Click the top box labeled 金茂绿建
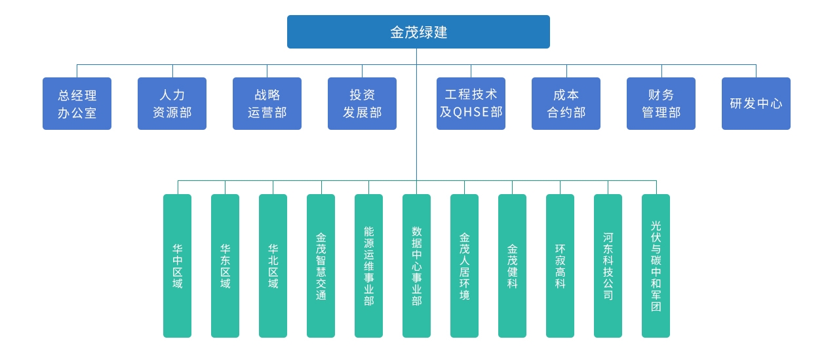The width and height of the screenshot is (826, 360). tap(418, 31)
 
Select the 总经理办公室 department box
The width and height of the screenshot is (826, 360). tap(77, 104)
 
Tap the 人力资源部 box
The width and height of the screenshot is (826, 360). tap(172, 104)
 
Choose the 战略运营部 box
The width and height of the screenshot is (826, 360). tap(267, 104)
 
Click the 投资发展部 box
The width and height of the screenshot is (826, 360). tap(362, 104)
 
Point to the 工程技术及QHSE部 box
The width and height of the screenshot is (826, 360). tap(471, 104)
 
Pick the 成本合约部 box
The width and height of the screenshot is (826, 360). tap(566, 104)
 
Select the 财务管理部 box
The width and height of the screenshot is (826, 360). tap(661, 104)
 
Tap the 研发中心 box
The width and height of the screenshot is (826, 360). tap(757, 104)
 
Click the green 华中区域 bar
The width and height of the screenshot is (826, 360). tap(178, 266)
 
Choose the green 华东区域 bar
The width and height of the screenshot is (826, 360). tap(226, 266)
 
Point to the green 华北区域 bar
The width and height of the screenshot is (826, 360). tap(273, 266)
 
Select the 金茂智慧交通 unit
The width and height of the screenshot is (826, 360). tap(321, 266)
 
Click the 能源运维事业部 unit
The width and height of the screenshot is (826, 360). tap(368, 266)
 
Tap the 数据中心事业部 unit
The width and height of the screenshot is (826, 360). tap(417, 266)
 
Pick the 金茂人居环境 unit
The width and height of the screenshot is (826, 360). tap(464, 266)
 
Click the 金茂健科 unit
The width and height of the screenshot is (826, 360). tap(512, 266)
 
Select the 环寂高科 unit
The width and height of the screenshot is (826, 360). tap(560, 266)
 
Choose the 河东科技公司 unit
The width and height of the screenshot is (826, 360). tap(608, 266)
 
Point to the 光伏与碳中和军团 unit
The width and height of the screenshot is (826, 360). tap(656, 266)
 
